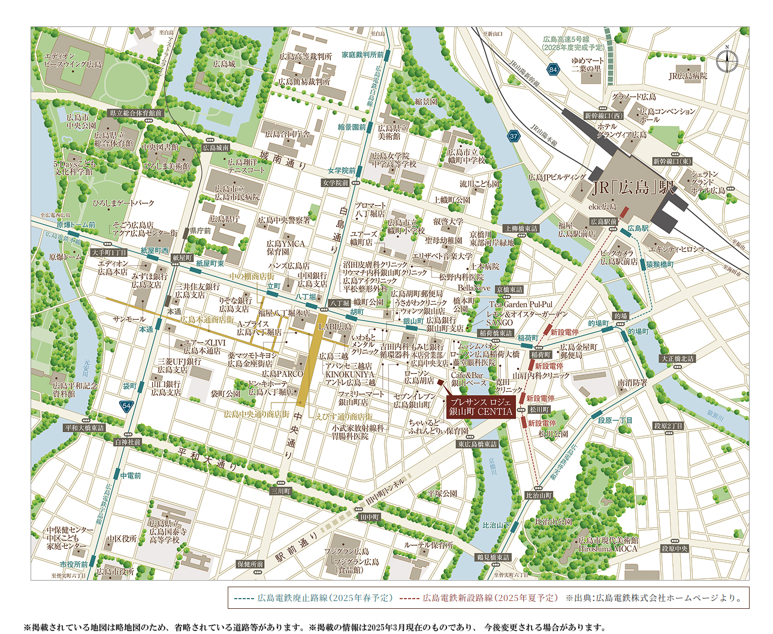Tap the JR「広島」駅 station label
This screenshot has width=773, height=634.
[633, 187]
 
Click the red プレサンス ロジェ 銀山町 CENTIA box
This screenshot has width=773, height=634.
[481, 407]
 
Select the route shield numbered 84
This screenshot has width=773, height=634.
[552, 70]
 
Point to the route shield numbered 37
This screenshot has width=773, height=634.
[514, 136]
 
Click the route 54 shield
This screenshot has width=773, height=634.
[126, 406]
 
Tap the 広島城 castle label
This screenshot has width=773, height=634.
[224, 64]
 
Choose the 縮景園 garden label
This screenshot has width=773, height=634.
[426, 101]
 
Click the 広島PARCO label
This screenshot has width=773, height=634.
[282, 374]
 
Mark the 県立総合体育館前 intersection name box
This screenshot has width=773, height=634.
[135, 113]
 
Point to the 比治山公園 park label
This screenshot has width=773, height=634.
[553, 522]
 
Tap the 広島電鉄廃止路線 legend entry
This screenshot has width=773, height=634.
[313, 598]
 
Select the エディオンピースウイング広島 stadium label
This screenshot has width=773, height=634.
[73, 60]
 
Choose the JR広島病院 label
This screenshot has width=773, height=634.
[688, 76]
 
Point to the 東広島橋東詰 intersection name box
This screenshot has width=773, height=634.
[478, 444]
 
